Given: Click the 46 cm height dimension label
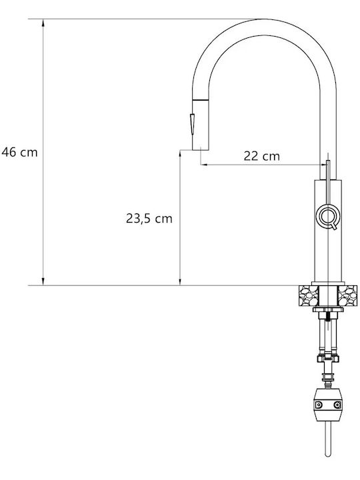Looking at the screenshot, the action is (19, 152).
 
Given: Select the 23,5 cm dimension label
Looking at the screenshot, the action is (149, 219).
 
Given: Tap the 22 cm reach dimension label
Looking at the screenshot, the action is (262, 156).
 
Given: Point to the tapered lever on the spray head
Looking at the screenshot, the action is (192, 124).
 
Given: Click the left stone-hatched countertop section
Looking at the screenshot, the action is (308, 296).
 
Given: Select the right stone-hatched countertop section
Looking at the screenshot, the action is (347, 296).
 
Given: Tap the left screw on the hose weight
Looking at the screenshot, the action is (319, 405).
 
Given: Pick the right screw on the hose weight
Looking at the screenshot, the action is (337, 405).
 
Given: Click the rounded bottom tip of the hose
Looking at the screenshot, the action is (328, 455).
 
